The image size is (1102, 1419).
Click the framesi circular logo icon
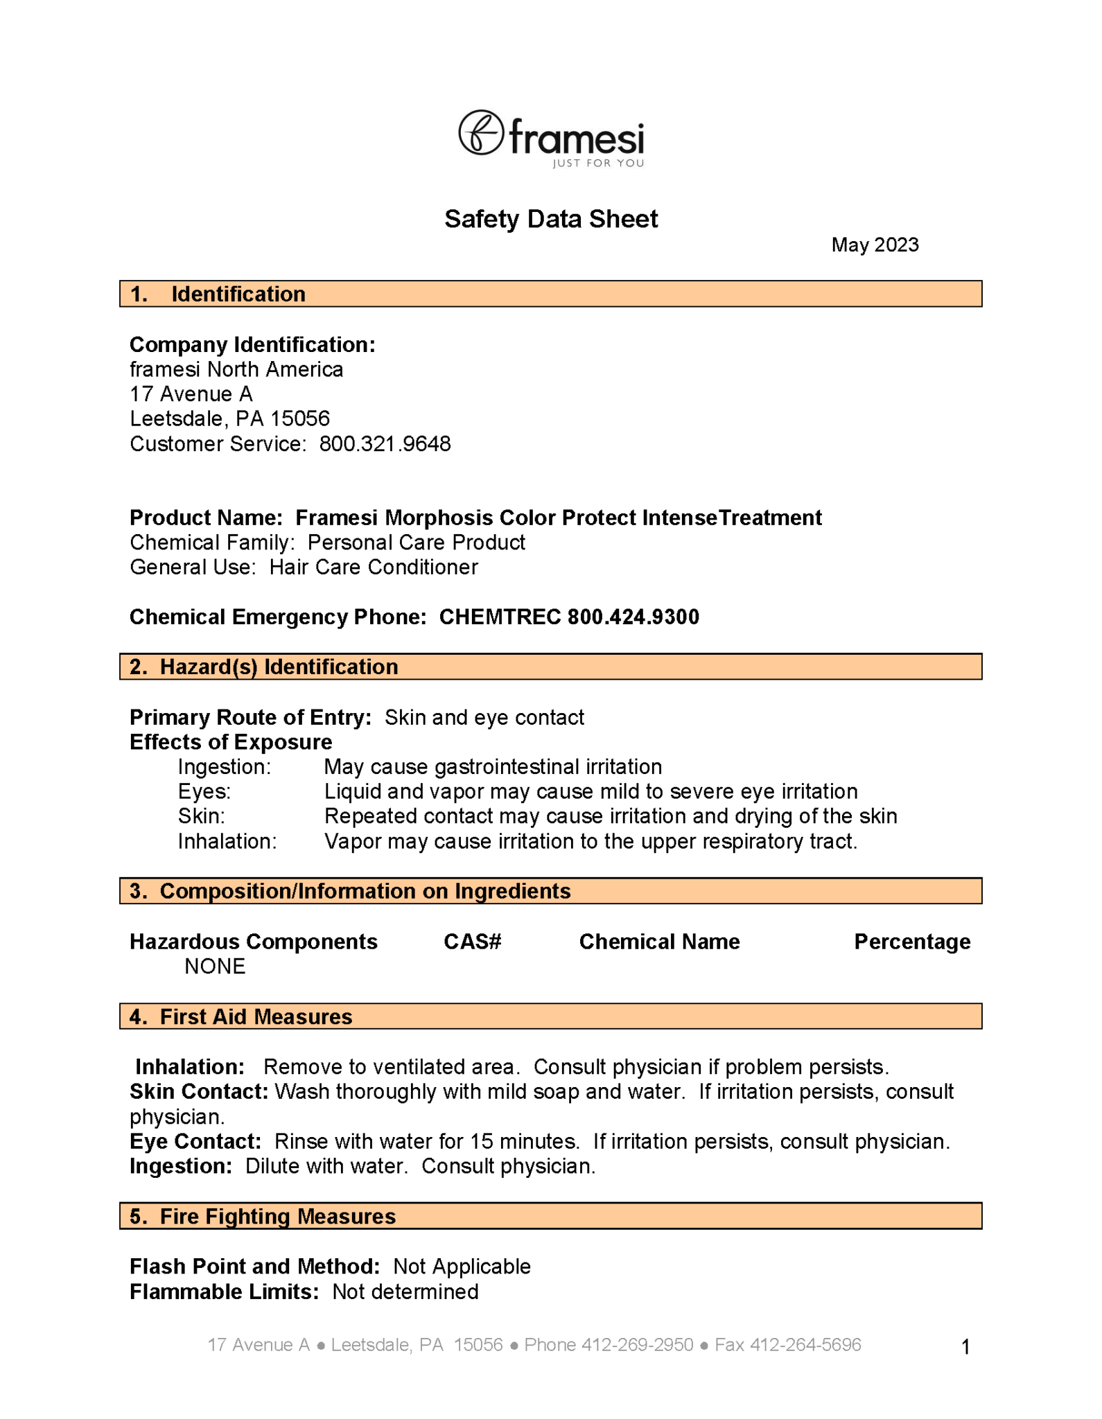point(480,132)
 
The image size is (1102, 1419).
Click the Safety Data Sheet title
point(551,219)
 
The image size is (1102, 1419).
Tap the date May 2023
point(875,245)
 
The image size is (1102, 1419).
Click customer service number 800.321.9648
point(385,444)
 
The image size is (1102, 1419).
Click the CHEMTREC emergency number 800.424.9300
point(633,617)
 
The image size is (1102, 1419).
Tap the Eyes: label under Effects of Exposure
point(204,792)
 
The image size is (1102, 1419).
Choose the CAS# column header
point(472,942)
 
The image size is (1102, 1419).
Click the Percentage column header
point(911,942)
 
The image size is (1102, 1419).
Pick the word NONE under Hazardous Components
point(215,967)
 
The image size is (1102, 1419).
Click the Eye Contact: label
point(195,1142)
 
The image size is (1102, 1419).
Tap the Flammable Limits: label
point(224,1292)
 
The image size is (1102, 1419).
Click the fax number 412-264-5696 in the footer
point(805,1345)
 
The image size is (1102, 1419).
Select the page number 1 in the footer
point(965,1347)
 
